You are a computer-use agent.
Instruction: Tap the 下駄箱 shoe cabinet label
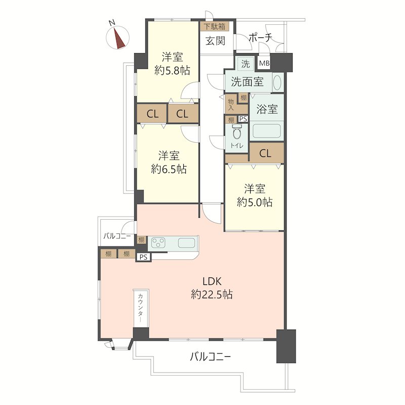click(215, 26)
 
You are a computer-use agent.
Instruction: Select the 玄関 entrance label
click(216, 41)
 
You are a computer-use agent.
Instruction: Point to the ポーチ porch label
click(260, 38)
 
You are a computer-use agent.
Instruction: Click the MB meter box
click(264, 63)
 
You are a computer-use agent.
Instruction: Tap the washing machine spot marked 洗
click(246, 64)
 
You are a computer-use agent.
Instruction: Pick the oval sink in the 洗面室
click(277, 83)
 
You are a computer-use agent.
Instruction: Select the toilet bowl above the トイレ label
click(237, 133)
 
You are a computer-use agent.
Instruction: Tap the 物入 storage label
click(231, 105)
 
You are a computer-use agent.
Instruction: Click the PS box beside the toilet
click(243, 119)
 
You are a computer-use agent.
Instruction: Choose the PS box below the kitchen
click(144, 257)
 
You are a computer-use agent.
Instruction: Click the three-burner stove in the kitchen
click(158, 243)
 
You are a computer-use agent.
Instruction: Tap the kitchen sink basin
click(186, 243)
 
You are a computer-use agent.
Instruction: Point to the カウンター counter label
click(141, 308)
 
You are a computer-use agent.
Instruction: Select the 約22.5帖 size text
click(212, 295)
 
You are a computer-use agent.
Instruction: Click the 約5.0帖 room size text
click(255, 202)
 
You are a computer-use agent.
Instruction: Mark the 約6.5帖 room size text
click(169, 169)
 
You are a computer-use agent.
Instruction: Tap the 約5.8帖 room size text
click(172, 70)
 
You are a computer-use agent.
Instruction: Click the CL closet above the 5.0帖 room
click(265, 154)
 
